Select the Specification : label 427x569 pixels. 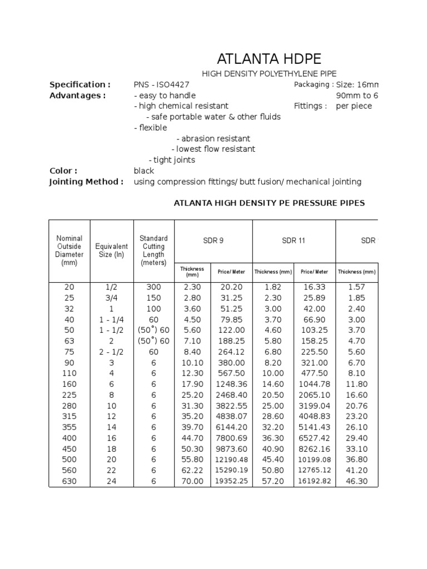[80, 84]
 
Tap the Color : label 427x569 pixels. [63, 171]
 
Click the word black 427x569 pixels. [143, 171]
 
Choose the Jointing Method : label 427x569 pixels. [86, 182]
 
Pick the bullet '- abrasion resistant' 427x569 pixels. [213, 138]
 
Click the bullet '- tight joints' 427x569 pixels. [172, 160]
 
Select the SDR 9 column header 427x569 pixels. [213, 241]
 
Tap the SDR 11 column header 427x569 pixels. [294, 241]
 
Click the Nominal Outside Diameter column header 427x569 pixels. [69, 251]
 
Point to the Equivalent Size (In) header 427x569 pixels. [111, 251]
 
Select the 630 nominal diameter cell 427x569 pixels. [69, 481]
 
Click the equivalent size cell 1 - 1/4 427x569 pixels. [111, 320]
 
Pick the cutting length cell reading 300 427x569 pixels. [153, 287]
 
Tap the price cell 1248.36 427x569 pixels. [232, 384]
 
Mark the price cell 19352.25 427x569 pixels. [232, 481]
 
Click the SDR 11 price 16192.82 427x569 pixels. [314, 481]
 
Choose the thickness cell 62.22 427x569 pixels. [192, 471]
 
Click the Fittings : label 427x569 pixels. [310, 106]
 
